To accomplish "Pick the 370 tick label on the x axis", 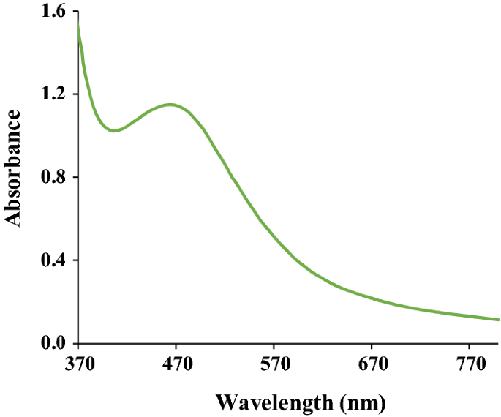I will [78, 364].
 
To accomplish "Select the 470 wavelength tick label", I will [176, 364].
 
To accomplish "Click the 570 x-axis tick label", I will [274, 364].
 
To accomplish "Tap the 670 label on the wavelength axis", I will [372, 364].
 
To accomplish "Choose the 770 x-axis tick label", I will [469, 364].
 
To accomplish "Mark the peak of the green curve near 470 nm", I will [170, 104].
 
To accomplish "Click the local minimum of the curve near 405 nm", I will [113, 131].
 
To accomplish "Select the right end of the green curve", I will [498, 320].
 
